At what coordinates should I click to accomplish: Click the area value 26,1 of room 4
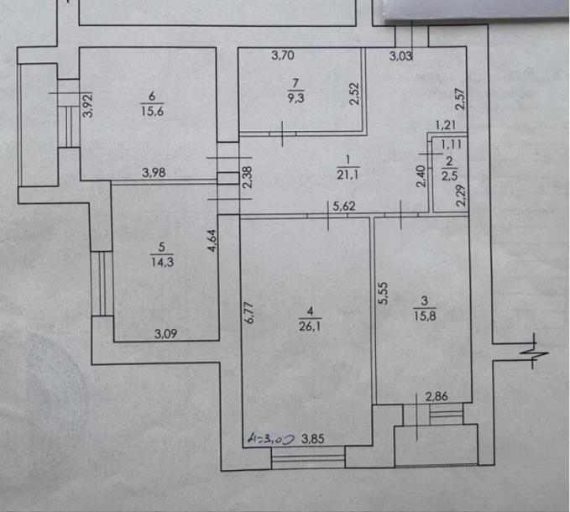pyautogui.click(x=310, y=327)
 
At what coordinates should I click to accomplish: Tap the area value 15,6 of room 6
pyautogui.click(x=152, y=111)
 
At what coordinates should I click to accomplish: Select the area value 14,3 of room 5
pyautogui.click(x=162, y=262)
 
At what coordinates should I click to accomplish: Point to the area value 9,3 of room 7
pyautogui.click(x=295, y=97)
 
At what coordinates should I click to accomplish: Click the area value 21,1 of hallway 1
pyautogui.click(x=348, y=175)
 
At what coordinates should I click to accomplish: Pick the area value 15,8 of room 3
pyautogui.click(x=425, y=316)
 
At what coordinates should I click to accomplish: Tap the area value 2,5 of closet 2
pyautogui.click(x=450, y=175)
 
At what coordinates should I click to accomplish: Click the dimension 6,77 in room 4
pyautogui.click(x=249, y=312)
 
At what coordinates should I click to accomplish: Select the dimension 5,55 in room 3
pyautogui.click(x=383, y=293)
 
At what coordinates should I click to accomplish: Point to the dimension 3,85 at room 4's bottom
pyautogui.click(x=312, y=439)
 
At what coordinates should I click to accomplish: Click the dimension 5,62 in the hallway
pyautogui.click(x=344, y=206)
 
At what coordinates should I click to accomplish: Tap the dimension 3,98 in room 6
pyautogui.click(x=154, y=172)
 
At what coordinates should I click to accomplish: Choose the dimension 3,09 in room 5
pyautogui.click(x=165, y=333)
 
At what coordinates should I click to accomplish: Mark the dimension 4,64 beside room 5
pyautogui.click(x=212, y=240)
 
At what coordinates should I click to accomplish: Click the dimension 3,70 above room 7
pyautogui.click(x=283, y=55)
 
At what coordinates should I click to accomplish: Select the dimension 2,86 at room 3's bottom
pyautogui.click(x=437, y=396)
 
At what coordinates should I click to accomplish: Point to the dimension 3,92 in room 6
pyautogui.click(x=88, y=105)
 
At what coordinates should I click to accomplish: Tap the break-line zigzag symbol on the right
pyautogui.click(x=535, y=351)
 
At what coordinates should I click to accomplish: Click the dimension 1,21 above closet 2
pyautogui.click(x=446, y=125)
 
